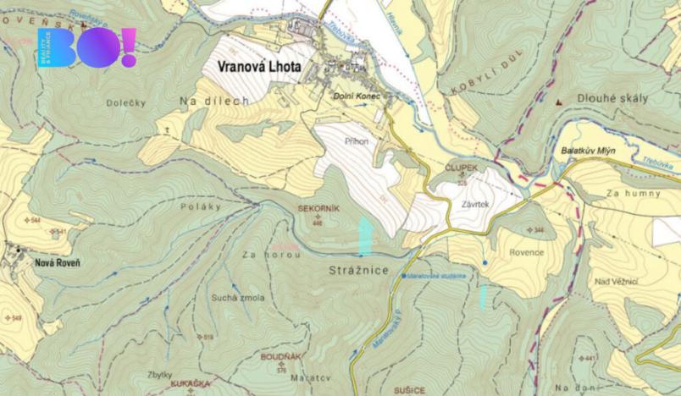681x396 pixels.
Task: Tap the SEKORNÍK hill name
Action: [318, 207]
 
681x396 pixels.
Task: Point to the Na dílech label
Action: [214, 101]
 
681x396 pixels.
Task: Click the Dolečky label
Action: [128, 103]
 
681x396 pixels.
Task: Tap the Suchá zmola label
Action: [238, 298]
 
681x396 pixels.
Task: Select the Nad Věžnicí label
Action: [616, 281]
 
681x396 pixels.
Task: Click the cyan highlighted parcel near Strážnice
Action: [365, 234]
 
